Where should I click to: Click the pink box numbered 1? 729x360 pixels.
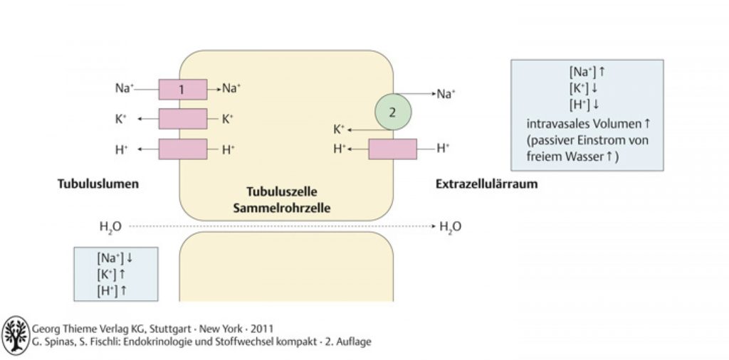point(183,89)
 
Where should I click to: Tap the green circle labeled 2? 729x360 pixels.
point(393,112)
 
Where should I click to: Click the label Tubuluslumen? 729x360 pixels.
point(98,184)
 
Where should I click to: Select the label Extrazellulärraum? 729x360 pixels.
point(486,184)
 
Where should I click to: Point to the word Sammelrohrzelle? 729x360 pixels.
point(282,208)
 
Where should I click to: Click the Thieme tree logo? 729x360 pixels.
point(16,335)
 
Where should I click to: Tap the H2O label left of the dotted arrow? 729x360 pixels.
point(110,227)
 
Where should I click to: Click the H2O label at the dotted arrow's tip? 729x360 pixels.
point(450,227)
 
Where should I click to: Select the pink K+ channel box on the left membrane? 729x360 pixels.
point(183,119)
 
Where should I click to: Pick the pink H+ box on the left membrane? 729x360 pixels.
point(183,149)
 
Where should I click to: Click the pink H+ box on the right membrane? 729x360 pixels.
point(393,149)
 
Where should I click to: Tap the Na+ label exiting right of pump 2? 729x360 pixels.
point(446,95)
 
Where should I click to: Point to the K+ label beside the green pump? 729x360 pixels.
point(339,129)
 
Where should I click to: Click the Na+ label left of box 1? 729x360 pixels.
point(124,88)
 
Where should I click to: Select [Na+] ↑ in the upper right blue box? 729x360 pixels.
point(587,73)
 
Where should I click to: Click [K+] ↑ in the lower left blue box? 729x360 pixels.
point(112,274)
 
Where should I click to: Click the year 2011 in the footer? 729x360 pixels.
point(263,329)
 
